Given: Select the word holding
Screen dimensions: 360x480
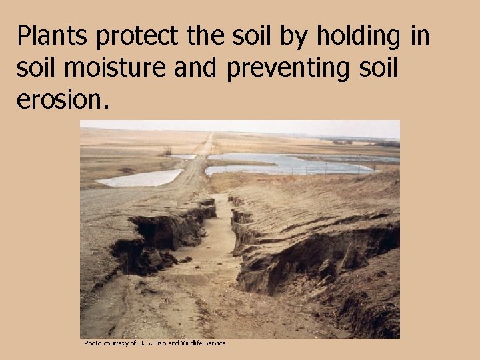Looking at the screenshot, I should point(357,36).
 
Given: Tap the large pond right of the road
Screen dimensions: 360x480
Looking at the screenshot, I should point(287,164).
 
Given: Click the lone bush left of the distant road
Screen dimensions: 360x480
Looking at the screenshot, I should point(166,151).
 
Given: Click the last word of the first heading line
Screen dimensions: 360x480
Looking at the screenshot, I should point(421,36).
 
